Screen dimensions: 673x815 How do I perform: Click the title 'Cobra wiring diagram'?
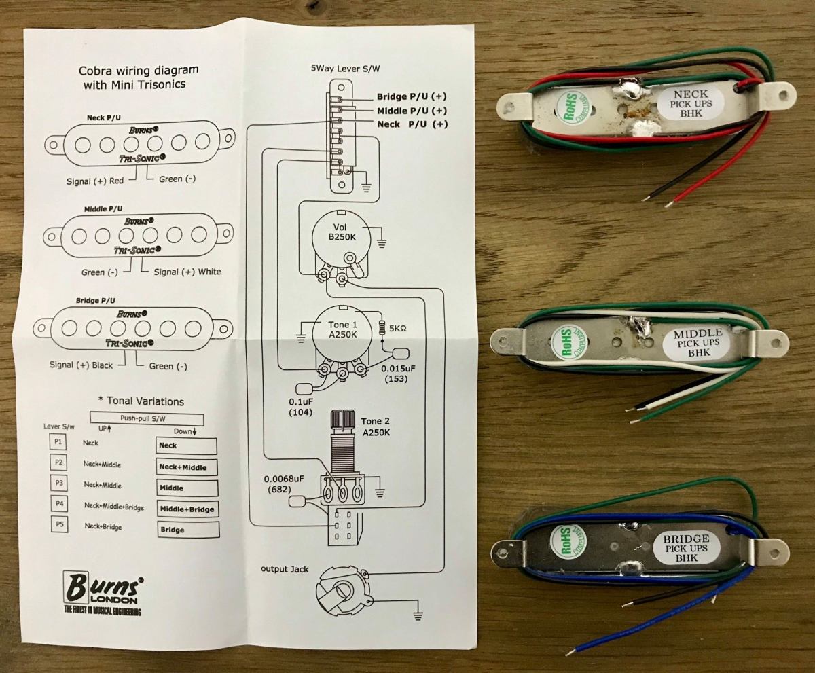pyautogui.click(x=139, y=71)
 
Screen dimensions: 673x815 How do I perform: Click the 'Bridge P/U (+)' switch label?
pyautogui.click(x=412, y=96)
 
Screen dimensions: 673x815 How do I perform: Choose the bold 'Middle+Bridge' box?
pyautogui.click(x=187, y=509)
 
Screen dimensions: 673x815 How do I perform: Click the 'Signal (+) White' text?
pyautogui.click(x=186, y=272)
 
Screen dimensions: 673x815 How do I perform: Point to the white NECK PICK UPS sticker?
pyautogui.click(x=689, y=103)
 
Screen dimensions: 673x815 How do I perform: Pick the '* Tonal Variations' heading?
pyautogui.click(x=141, y=401)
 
